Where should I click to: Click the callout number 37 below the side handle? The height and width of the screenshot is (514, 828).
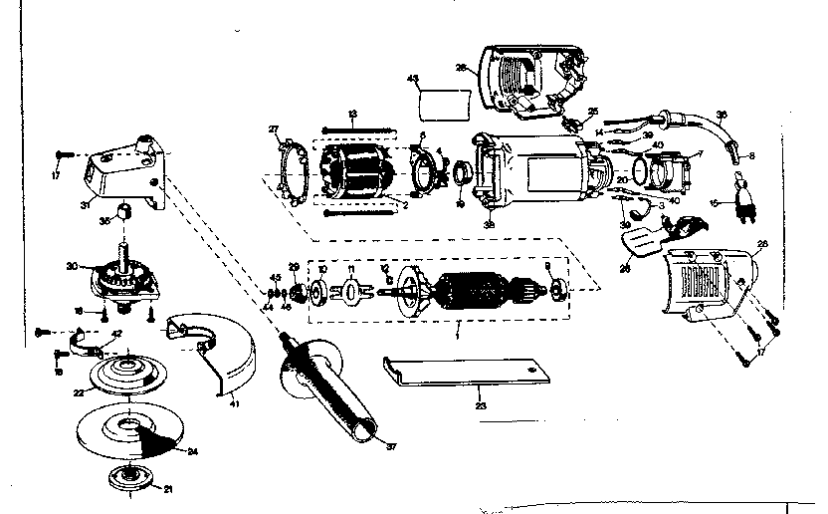(390, 445)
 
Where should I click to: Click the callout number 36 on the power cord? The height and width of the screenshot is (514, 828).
(723, 114)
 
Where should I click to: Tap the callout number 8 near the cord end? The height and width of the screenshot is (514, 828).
(751, 155)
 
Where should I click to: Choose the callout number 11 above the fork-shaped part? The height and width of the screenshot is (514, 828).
(348, 270)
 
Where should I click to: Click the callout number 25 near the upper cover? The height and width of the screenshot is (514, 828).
(591, 111)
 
